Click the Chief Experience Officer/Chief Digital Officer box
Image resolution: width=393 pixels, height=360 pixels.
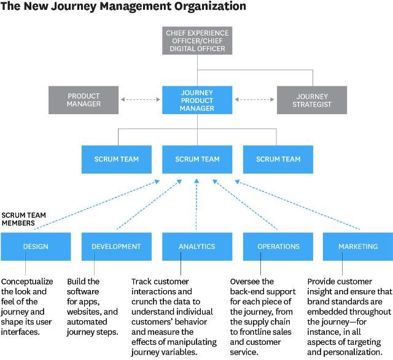196,40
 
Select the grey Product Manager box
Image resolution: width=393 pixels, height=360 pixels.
84,100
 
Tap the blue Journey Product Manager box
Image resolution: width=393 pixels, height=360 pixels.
197,100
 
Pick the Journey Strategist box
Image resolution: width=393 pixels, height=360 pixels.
312,100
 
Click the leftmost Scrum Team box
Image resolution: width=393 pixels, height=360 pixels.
116,159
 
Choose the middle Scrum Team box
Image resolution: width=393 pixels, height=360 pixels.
197,159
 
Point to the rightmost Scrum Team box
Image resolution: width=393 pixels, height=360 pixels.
278,159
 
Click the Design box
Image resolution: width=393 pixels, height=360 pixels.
36,247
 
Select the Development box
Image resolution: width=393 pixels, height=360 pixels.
116,247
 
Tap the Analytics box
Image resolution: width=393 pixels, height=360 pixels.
197,247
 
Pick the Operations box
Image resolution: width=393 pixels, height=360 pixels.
279,247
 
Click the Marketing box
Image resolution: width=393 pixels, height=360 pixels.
358,247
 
